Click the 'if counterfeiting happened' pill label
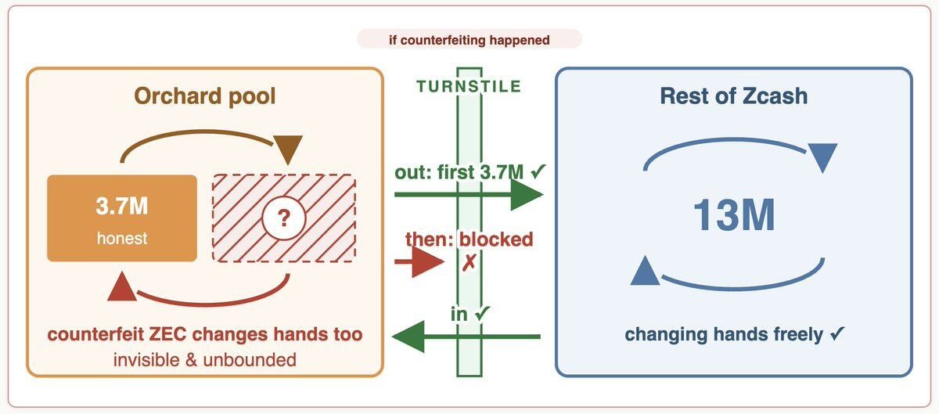pos(469,40)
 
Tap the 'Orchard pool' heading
pos(204,96)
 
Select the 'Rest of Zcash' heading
pos(734,96)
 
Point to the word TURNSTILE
pos(469,86)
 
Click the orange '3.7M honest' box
pos(122,218)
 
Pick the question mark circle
pos(284,218)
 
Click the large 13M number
pos(734,215)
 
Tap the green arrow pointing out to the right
pos(469,195)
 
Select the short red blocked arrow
pos(419,262)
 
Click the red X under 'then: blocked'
pos(469,263)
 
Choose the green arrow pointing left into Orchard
pos(466,337)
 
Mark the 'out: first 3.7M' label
pos(459,172)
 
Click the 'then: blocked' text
pos(469,239)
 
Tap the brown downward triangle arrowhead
pos(288,149)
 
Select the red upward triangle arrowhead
pos(122,286)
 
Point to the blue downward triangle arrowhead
pos(822,157)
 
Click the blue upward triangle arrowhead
pos(645,271)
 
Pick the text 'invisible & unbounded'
pos(204,360)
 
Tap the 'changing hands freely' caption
pos(724,334)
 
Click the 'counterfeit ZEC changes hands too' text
pos(204,334)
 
